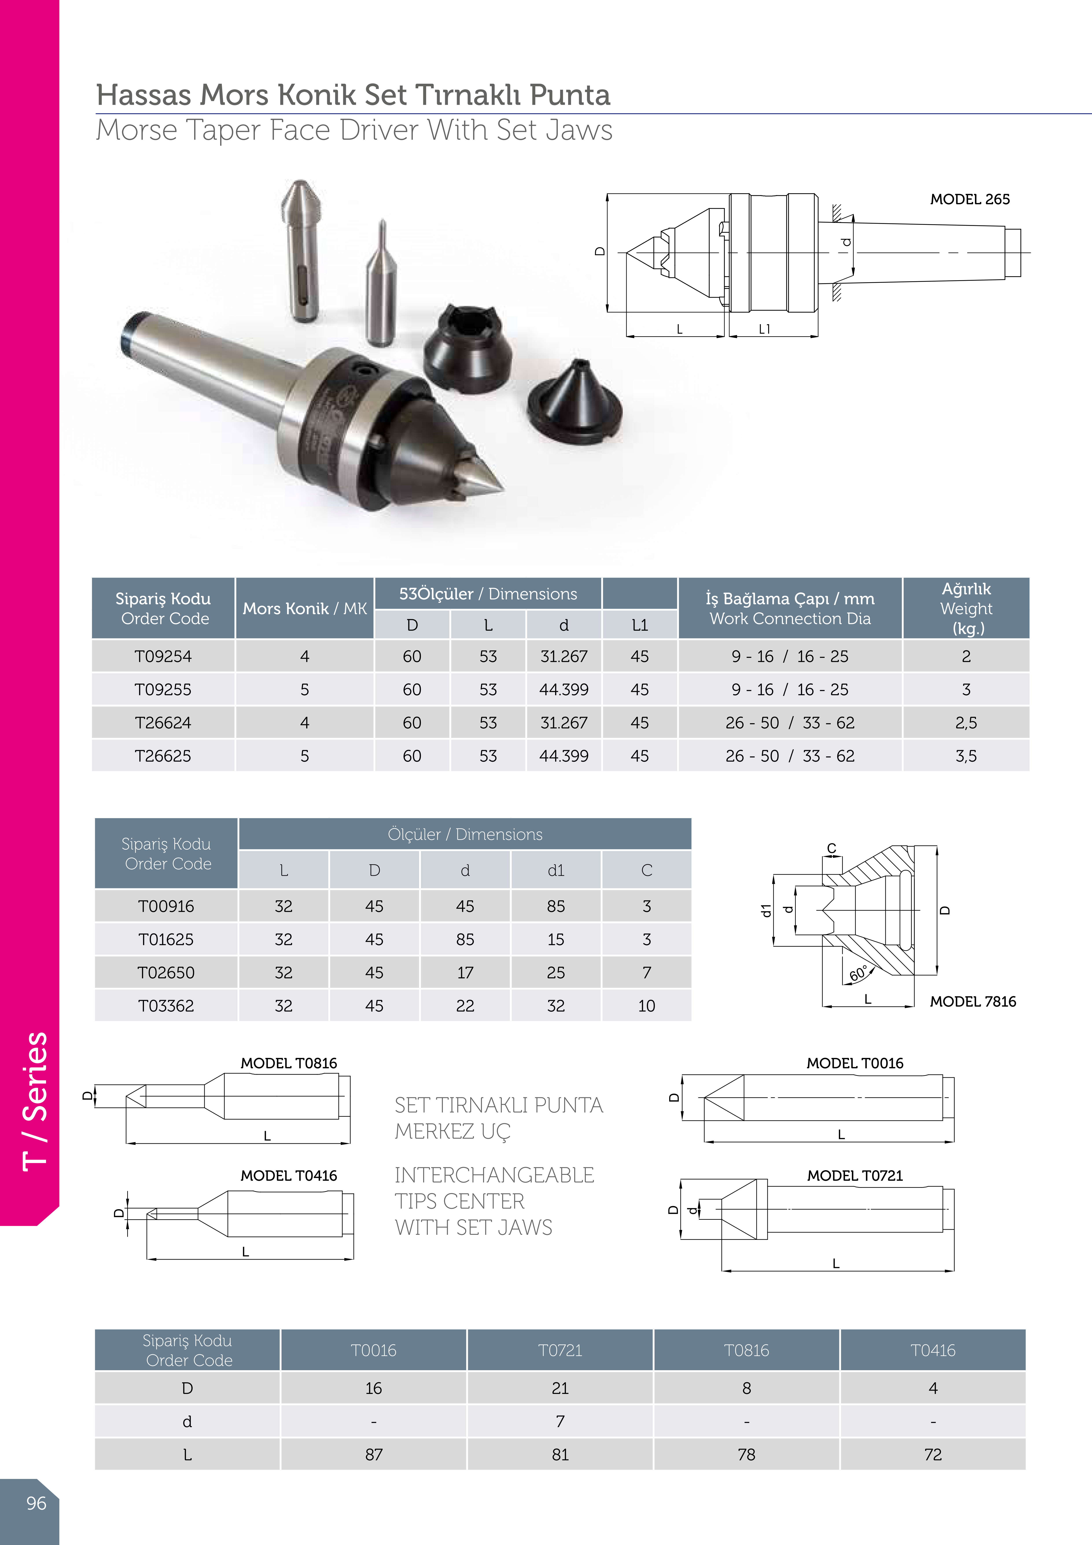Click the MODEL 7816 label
973,1001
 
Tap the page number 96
36,1503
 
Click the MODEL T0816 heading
289,1063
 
